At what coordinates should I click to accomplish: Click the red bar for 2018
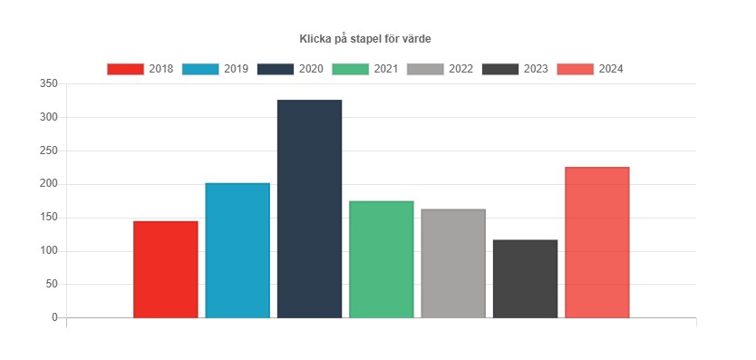[165, 269]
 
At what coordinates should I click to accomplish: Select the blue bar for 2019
[237, 250]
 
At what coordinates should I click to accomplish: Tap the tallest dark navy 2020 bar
[309, 209]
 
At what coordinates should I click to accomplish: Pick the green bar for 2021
[381, 259]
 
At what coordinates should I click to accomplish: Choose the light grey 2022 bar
[453, 263]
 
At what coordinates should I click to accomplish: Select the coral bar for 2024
[596, 242]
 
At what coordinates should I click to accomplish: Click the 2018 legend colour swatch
[125, 69]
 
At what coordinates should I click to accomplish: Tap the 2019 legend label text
[236, 69]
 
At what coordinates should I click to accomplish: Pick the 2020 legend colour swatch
[276, 69]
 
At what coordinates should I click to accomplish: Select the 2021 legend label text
[386, 69]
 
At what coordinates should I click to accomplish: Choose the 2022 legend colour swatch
[425, 69]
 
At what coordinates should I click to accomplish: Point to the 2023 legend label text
[536, 69]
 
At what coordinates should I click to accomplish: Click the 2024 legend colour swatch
[576, 69]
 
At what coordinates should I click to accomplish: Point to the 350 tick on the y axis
[49, 83]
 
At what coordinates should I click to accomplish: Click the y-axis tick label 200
[49, 184]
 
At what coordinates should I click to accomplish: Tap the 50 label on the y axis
[52, 285]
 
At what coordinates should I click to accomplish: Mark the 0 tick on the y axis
[54, 318]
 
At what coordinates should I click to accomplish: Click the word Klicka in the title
[315, 39]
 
